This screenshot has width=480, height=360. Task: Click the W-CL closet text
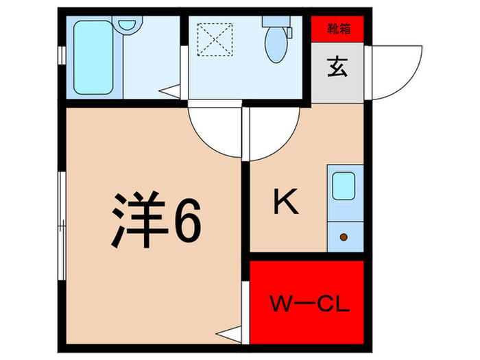click(x=308, y=303)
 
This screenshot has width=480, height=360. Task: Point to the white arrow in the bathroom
click(x=169, y=89)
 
